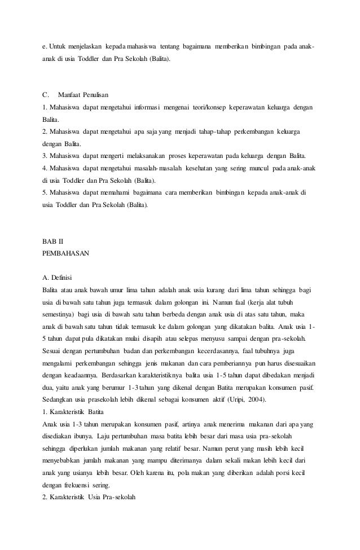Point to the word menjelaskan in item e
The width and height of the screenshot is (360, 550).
(x=76, y=45)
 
